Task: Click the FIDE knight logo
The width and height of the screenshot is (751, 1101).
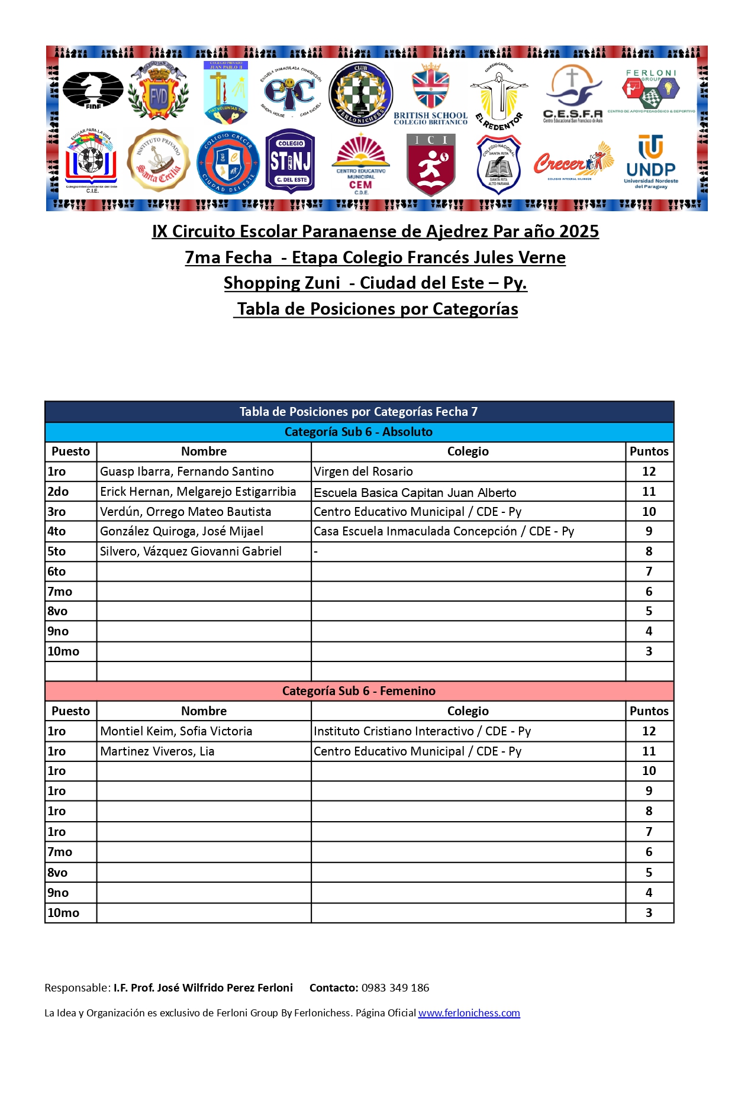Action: [x=93, y=90]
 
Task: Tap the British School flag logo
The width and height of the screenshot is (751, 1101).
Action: [x=430, y=93]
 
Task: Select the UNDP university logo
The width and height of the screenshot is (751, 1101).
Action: [x=650, y=162]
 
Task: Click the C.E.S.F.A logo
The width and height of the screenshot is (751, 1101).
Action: [x=572, y=93]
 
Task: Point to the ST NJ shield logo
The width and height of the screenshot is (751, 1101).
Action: [x=290, y=161]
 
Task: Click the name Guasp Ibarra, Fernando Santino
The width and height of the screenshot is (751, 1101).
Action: [x=186, y=472]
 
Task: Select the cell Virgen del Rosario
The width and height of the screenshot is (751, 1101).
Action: [x=363, y=472]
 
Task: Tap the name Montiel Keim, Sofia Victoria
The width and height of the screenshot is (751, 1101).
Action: [x=176, y=731]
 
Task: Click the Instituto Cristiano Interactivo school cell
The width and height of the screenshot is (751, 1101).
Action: [x=422, y=731]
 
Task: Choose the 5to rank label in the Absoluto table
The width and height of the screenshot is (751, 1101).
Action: [x=57, y=551]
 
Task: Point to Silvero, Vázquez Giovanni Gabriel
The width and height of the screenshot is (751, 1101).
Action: [x=191, y=551]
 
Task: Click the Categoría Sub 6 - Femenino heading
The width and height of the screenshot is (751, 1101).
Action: [x=359, y=691]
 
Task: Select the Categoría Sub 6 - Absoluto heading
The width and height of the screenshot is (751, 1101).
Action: [x=359, y=432]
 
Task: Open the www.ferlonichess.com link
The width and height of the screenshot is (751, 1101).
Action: [x=469, y=1013]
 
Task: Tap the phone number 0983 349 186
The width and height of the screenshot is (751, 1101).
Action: [x=395, y=987]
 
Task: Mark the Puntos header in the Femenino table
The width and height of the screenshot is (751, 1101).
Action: [x=649, y=711]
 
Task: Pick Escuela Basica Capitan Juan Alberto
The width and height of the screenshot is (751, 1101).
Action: [x=415, y=492]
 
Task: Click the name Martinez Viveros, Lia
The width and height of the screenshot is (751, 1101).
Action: [x=157, y=751]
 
